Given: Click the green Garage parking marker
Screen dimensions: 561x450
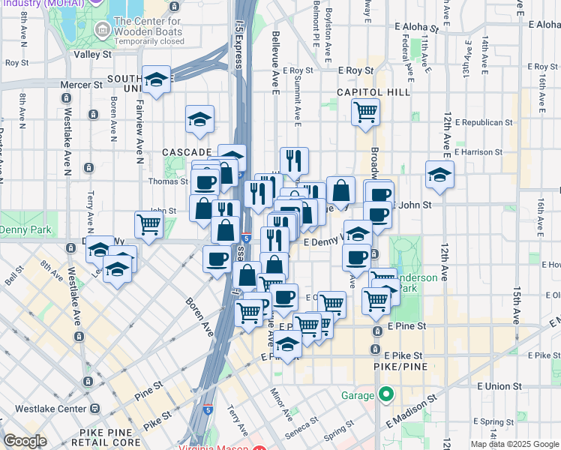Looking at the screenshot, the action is click(386, 394).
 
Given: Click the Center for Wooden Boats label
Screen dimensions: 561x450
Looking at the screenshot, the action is click(148, 26).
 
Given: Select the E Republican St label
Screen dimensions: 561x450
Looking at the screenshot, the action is click(483, 121).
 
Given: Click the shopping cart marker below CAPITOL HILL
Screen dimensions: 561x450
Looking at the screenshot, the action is click(365, 112).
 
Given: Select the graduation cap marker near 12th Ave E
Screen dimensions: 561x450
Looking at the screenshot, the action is click(439, 175).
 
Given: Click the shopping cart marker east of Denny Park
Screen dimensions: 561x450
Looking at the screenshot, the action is click(149, 223).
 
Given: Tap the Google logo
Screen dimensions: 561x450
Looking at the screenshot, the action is click(25, 441).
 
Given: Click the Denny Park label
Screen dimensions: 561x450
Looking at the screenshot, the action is click(22, 227).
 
